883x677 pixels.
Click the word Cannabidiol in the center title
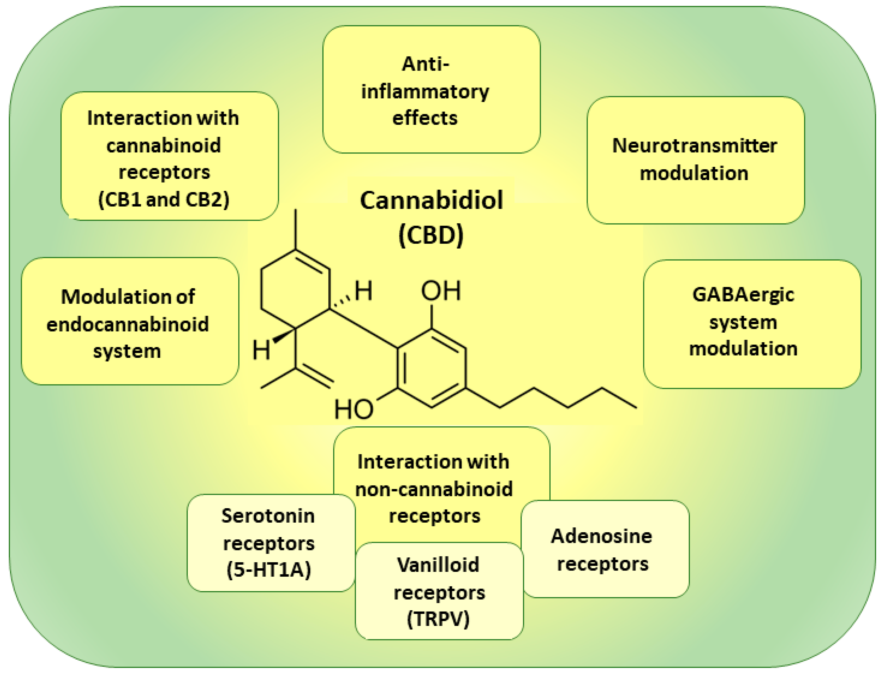(431, 200)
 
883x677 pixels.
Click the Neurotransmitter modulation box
(695, 160)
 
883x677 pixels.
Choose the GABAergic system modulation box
(752, 324)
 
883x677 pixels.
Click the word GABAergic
(743, 295)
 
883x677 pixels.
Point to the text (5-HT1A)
(269, 570)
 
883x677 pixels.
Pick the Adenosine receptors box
(604, 549)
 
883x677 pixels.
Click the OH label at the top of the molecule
(440, 291)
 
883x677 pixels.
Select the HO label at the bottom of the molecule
(354, 409)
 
